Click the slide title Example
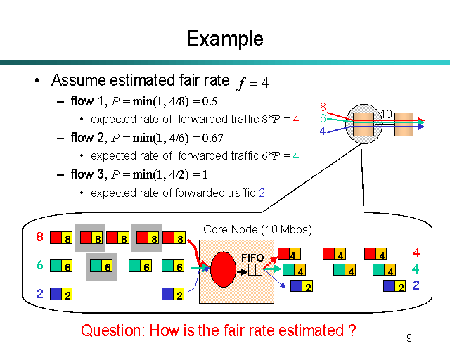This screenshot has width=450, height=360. point(225,39)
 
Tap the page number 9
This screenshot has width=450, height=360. point(409,338)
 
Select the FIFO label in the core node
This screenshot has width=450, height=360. point(252,257)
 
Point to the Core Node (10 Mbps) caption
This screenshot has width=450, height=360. point(257,230)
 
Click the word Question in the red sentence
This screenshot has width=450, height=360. point(111,330)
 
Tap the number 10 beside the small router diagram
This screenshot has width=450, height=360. point(386,113)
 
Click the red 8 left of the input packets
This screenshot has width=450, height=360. point(39,237)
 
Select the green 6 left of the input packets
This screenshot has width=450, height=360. point(39,265)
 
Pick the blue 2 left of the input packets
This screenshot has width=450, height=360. point(39,293)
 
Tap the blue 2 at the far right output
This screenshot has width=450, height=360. point(416,285)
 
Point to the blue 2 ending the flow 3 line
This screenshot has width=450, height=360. point(262,193)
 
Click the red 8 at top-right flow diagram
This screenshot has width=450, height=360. point(323,107)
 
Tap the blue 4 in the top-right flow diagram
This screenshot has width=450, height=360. point(323,130)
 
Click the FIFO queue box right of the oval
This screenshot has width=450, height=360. point(255,269)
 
